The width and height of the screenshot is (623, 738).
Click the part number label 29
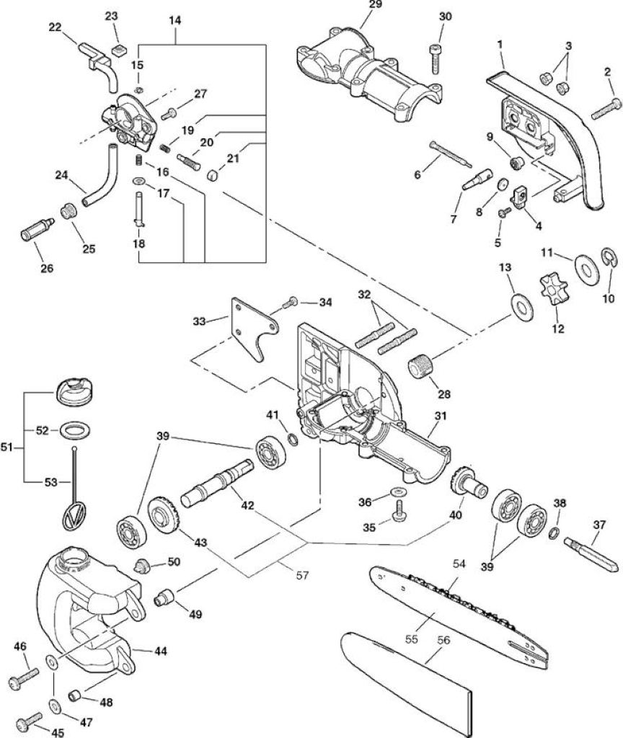point(375,5)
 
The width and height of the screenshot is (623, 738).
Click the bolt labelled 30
point(436,59)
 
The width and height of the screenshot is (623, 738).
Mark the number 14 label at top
point(174,21)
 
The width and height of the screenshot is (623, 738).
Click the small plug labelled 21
point(213,176)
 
